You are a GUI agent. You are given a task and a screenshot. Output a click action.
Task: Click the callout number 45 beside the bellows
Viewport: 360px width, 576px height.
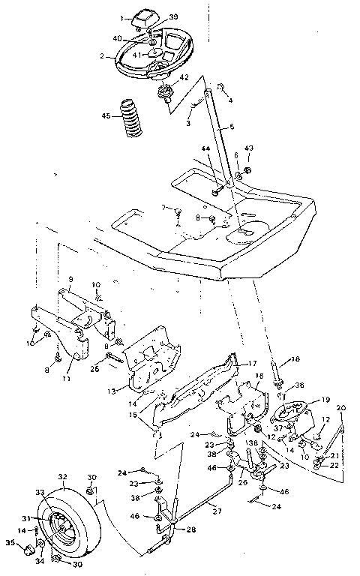[x=106, y=115]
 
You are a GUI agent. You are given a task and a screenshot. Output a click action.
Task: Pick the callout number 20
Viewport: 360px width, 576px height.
[x=342, y=408]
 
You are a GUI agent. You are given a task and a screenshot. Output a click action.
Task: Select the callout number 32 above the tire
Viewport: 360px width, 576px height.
[x=62, y=476]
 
